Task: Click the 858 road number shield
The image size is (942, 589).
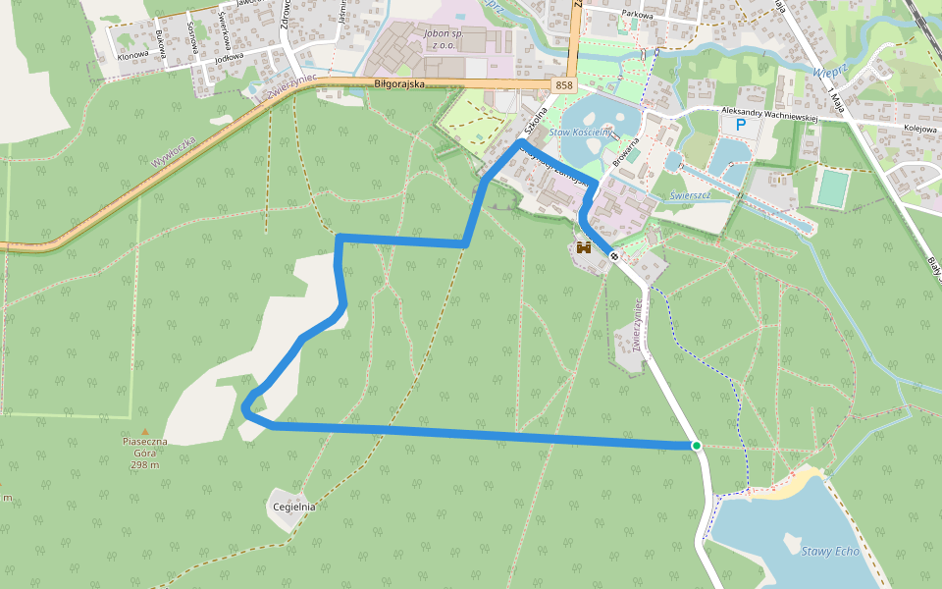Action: coord(563,85)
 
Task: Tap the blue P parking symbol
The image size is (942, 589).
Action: coord(741,125)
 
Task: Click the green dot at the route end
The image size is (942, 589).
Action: coord(696,446)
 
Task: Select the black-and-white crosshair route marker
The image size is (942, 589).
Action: coord(614,256)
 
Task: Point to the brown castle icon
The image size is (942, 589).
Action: coord(585,248)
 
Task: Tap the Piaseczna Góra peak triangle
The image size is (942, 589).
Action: coord(145,432)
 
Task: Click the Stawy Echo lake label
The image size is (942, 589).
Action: coord(829,551)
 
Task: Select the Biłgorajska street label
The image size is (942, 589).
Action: coord(399,84)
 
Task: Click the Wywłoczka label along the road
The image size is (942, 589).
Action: coord(174,150)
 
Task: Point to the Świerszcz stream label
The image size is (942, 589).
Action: coord(690,194)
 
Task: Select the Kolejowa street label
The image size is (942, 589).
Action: coord(921,128)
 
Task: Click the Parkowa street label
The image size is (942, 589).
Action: coord(637,15)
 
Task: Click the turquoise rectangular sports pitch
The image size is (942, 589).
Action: coord(831,187)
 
